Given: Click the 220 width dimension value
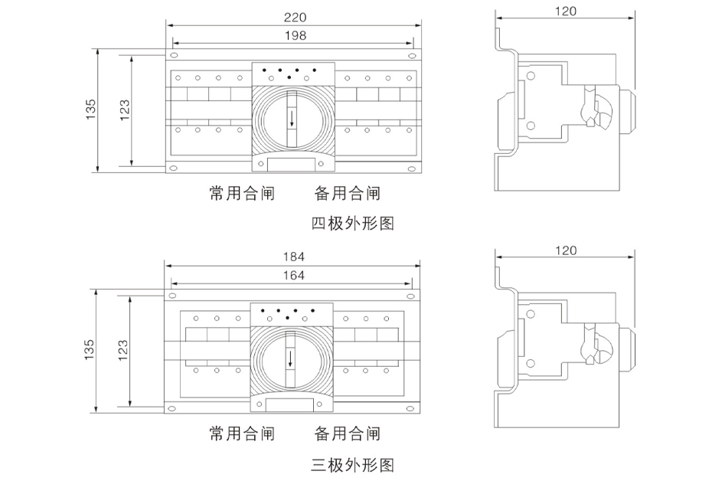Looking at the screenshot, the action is pyautogui.click(x=296, y=18).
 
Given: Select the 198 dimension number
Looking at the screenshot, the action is pyautogui.click(x=296, y=35).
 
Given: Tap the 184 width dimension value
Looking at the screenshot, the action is pyautogui.click(x=294, y=257).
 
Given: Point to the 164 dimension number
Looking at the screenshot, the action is pyautogui.click(x=294, y=275).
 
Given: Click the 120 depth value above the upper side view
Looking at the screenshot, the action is pyautogui.click(x=565, y=11).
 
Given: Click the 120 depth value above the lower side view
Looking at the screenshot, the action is pyautogui.click(x=566, y=250).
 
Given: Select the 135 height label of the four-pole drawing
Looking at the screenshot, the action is pyautogui.click(x=91, y=110).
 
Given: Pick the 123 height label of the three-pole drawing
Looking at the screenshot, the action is pyautogui.click(x=122, y=350).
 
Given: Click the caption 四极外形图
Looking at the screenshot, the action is pyautogui.click(x=353, y=224).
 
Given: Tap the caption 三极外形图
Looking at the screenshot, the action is pyautogui.click(x=353, y=465).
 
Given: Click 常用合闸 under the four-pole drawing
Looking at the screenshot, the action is pyautogui.click(x=242, y=193).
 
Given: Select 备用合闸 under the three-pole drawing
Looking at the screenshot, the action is pyautogui.click(x=348, y=434).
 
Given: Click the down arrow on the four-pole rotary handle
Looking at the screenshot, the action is pyautogui.click(x=292, y=119).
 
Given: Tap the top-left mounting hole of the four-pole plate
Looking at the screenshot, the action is pyautogui.click(x=174, y=55).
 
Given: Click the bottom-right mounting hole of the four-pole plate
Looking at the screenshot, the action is pyautogui.click(x=411, y=169).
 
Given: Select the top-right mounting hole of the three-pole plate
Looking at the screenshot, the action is pyautogui.click(x=410, y=296).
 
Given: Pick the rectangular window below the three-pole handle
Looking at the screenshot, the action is pyautogui.click(x=289, y=405).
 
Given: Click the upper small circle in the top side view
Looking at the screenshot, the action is pyautogui.click(x=531, y=75).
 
